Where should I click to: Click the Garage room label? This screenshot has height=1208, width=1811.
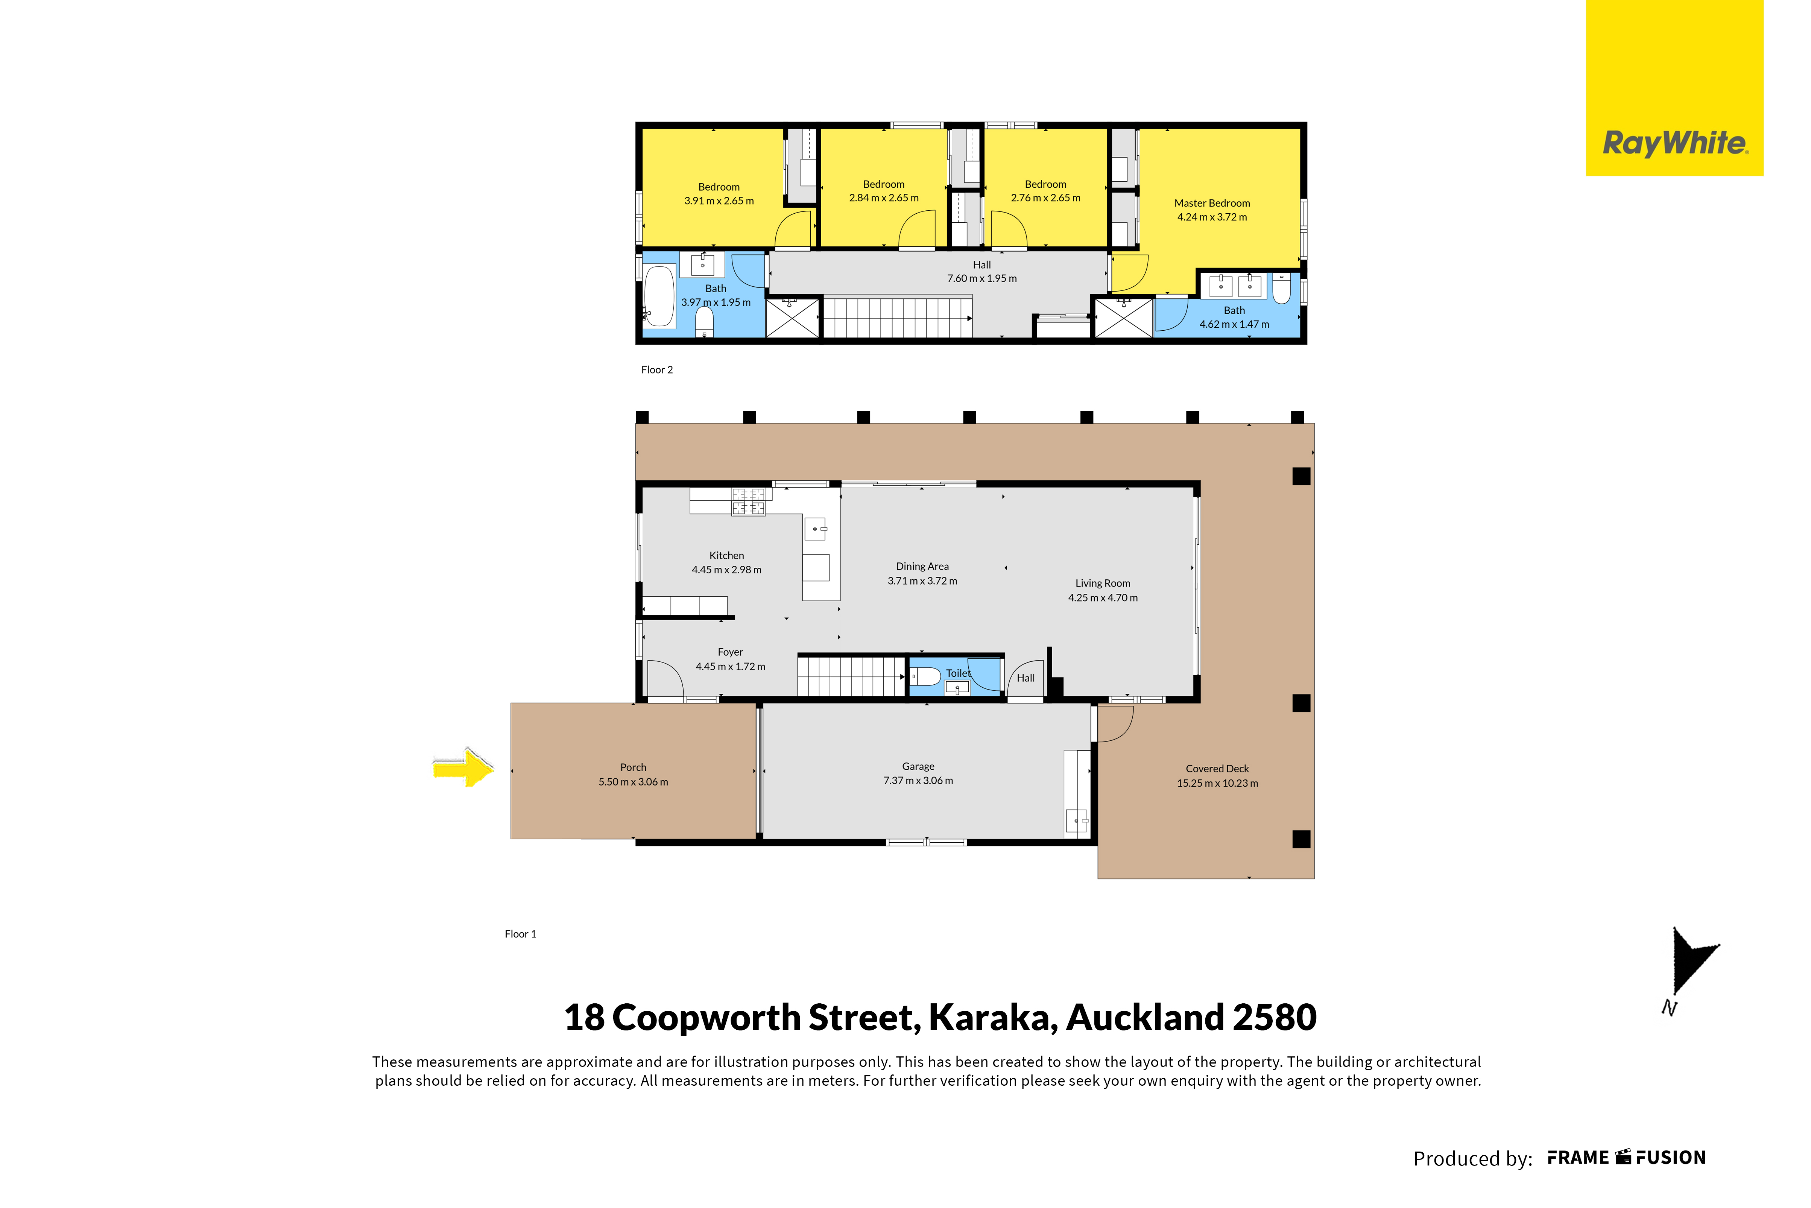coord(918,767)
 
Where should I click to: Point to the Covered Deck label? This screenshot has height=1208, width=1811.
coord(1217,769)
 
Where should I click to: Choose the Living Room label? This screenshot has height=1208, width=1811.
coord(1102,583)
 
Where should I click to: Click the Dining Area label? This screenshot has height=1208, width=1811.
coord(922,566)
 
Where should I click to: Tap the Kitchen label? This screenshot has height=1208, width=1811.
coord(726,555)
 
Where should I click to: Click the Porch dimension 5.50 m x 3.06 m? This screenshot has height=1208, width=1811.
coord(633,782)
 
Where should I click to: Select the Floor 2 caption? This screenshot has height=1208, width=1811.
coord(657,370)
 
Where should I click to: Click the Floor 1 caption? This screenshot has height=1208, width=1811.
coord(521,934)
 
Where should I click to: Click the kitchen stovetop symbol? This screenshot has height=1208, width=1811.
coord(748,501)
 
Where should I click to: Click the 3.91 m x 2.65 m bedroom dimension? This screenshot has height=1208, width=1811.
coord(719,201)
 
